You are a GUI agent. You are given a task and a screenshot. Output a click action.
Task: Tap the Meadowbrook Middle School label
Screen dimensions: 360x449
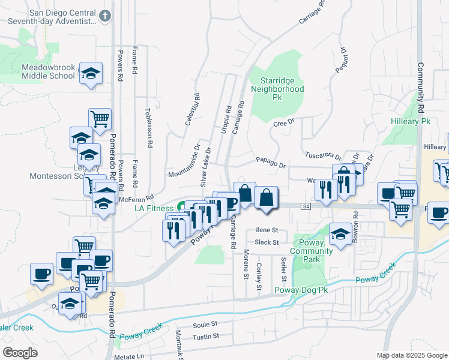[49, 71]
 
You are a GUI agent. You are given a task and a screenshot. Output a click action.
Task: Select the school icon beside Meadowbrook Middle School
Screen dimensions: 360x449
[91, 74]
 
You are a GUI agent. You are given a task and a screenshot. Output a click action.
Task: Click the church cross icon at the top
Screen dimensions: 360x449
[105, 16]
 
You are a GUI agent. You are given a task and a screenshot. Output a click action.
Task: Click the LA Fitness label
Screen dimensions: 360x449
[153, 208]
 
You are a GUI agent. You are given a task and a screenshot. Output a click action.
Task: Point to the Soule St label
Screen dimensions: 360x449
[205, 324]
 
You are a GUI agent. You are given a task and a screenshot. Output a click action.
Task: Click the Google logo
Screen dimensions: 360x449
[20, 353]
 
